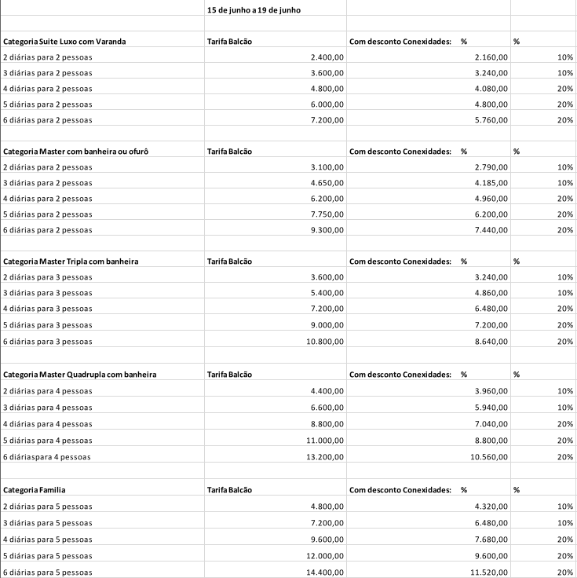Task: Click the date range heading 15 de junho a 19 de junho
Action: (x=254, y=9)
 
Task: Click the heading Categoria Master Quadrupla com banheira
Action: (x=79, y=375)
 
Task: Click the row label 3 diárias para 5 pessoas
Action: (x=47, y=522)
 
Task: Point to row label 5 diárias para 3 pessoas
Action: (x=47, y=325)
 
